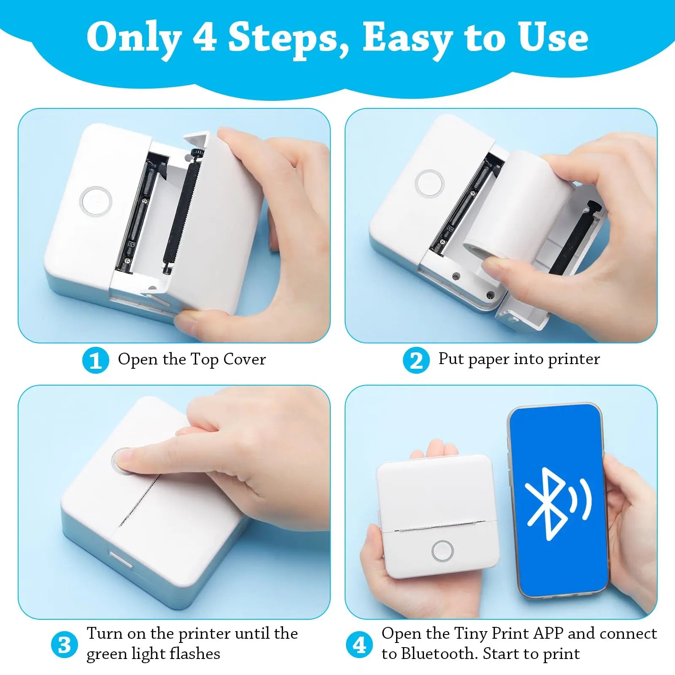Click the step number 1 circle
click(95, 360)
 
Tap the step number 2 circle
click(416, 360)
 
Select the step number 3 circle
click(64, 645)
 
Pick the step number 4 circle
click(359, 645)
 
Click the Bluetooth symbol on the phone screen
click(548, 504)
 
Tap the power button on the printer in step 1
click(96, 201)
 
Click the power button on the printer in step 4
click(443, 551)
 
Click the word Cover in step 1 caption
click(244, 359)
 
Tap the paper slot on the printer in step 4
click(439, 526)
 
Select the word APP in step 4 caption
click(548, 633)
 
